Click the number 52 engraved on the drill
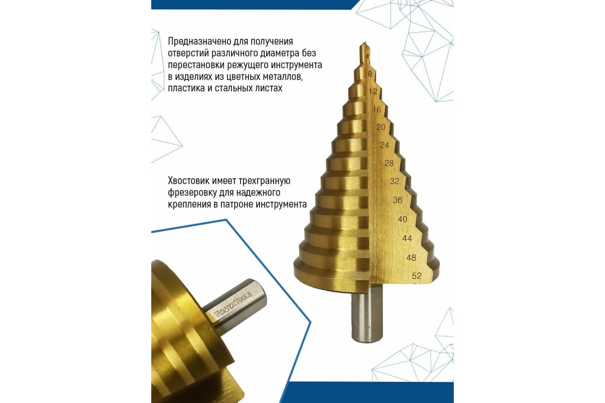(417, 276)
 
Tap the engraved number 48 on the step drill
(411, 257)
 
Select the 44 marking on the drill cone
(407, 238)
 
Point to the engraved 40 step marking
(402, 219)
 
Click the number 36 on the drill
(398, 200)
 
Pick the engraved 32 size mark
(394, 181)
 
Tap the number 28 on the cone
(389, 163)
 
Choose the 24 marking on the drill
(384, 145)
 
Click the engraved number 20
(381, 127)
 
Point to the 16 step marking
(377, 109)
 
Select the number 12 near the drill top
(373, 92)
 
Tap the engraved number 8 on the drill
(370, 74)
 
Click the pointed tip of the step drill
(365, 43)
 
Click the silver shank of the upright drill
(367, 316)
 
